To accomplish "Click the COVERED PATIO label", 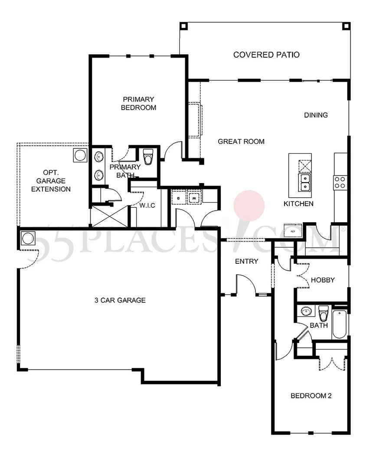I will pos(266,55).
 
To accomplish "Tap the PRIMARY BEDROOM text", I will pos(138,103).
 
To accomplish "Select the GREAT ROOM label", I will pos(241,141).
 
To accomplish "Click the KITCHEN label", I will pos(298,203).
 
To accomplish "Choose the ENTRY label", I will pos(246,261).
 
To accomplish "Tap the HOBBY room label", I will pos(323,280).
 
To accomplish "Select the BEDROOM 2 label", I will pos(311,396).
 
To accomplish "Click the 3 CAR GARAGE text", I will pos(120,300).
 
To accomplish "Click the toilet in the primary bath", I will pos(148,157).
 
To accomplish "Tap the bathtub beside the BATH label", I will pos(340,324).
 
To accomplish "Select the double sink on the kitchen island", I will pos(305,182).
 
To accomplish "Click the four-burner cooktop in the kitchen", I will pos(340,182).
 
